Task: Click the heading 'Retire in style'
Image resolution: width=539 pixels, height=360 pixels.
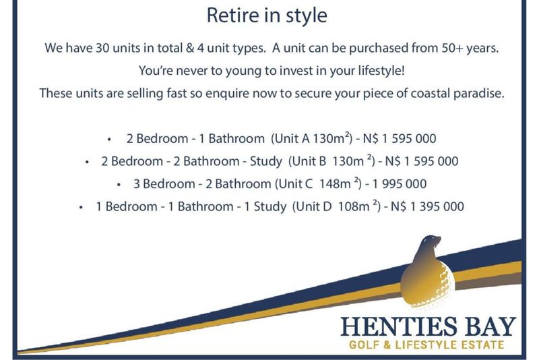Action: click(267, 16)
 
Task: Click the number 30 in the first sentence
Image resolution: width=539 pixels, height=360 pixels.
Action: click(102, 48)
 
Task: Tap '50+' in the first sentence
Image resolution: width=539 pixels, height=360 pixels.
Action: click(452, 48)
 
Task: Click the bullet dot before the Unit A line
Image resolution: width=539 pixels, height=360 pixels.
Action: click(109, 140)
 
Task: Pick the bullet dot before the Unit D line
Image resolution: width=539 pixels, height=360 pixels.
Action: click(81, 208)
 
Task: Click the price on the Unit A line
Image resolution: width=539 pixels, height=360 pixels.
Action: click(400, 139)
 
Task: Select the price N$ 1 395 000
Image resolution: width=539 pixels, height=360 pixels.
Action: click(427, 206)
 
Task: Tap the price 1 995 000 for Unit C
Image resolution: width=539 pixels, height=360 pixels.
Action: click(400, 184)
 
